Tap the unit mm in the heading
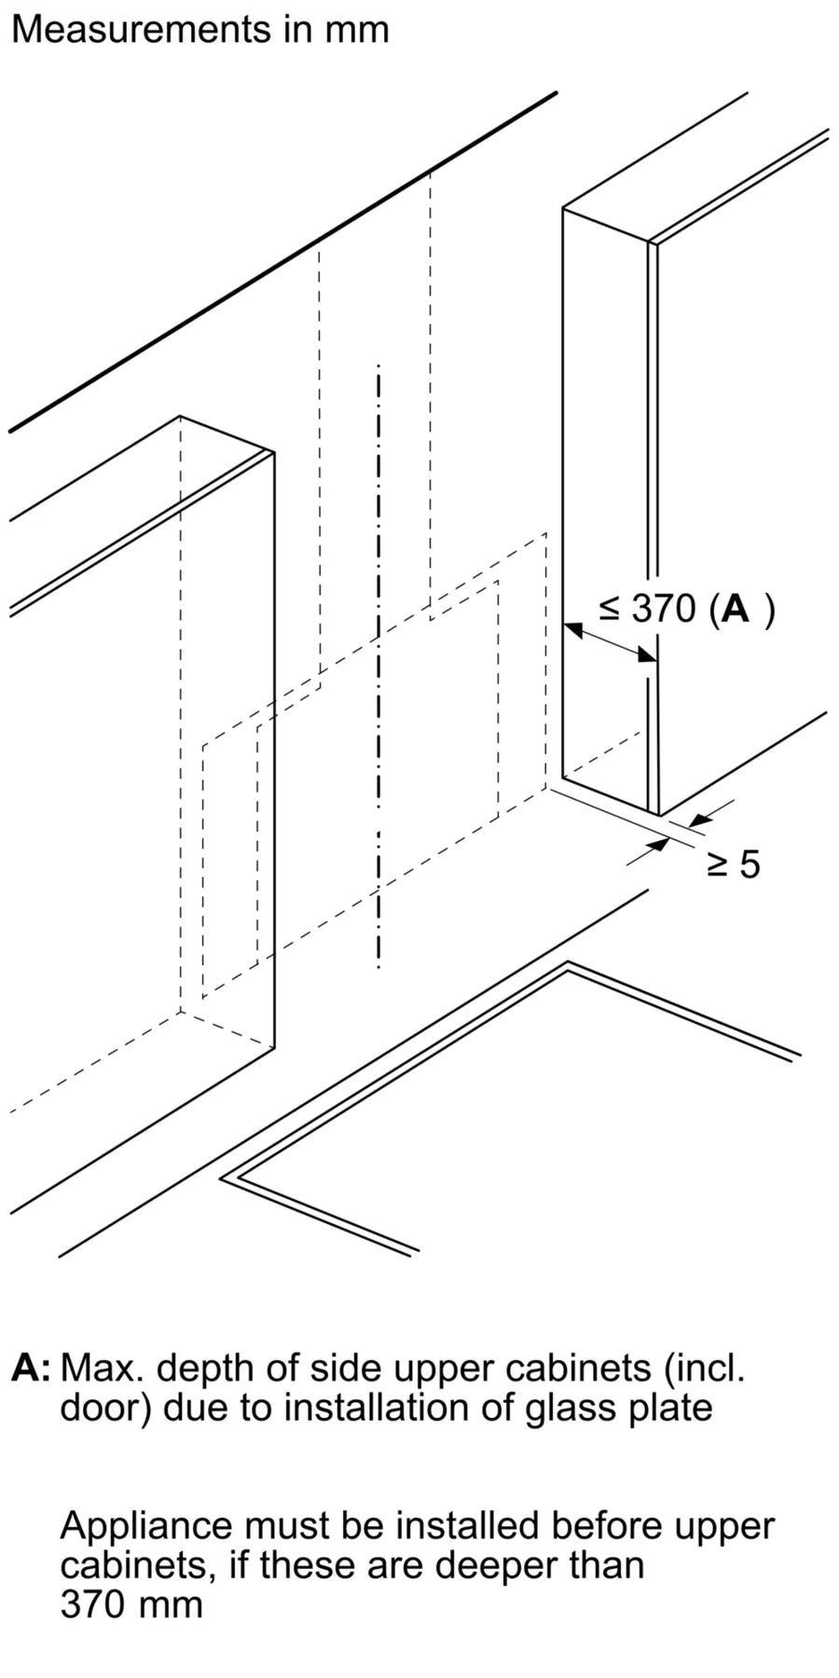[356, 30]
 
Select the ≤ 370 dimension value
[648, 609]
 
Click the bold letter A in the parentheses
[736, 609]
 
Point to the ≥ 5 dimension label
[734, 865]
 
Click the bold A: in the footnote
[32, 1369]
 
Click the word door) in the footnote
[105, 1407]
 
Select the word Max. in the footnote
[103, 1369]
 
